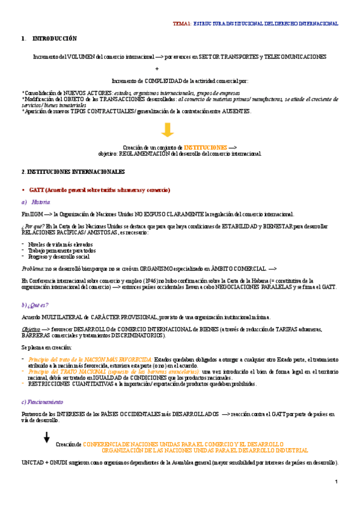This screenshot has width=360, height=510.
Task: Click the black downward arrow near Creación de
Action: pos(46,437)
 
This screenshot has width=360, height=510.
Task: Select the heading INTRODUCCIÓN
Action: pos(55,38)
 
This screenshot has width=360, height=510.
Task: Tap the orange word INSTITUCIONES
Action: pos(206,147)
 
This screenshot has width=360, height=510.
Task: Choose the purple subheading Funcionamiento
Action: pos(44,402)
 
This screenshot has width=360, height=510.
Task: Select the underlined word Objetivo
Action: pos(31,329)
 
